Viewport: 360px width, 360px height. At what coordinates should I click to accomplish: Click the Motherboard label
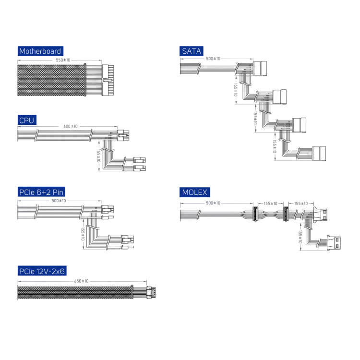click(40, 51)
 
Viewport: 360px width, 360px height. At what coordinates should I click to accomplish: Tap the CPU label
click(27, 120)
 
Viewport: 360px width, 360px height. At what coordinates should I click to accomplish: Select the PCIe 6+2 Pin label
click(41, 192)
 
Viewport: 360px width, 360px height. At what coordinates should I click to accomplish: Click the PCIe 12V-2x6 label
click(42, 271)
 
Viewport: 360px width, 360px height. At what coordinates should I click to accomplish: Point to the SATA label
click(192, 51)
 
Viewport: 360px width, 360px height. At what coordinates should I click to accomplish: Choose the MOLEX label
click(194, 192)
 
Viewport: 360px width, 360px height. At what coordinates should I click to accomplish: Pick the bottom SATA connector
click(318, 153)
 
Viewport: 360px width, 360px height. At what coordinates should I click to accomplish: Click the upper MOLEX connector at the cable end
click(322, 216)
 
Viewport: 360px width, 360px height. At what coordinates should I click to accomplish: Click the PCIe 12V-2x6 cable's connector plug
click(151, 291)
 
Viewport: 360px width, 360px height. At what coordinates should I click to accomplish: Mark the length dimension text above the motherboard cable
click(63, 60)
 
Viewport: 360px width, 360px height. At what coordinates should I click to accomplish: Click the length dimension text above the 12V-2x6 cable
click(82, 281)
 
